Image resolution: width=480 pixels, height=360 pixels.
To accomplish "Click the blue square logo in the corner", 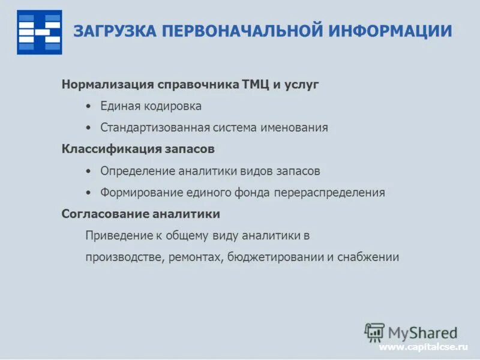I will click(x=39, y=32).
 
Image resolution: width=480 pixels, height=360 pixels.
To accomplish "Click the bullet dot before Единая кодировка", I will click(x=88, y=106).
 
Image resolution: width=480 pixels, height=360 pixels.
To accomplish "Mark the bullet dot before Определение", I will click(x=88, y=171).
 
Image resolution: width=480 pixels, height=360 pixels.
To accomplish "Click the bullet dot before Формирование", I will click(x=88, y=193).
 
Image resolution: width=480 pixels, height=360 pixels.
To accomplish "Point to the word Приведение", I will click(x=115, y=236).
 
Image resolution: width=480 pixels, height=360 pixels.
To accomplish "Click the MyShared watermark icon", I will click(x=374, y=332).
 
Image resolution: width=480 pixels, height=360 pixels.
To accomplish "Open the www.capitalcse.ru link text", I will click(x=422, y=347).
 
